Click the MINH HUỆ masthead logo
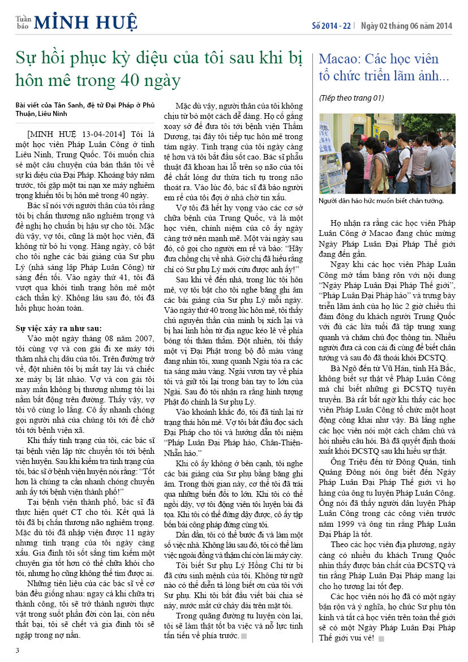coord(85,22)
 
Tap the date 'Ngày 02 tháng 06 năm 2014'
coord(407,26)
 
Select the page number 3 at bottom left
coord(17,650)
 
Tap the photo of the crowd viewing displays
coord(387,153)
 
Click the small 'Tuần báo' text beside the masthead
coord(23,22)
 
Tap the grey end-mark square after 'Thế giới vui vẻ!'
coord(381,638)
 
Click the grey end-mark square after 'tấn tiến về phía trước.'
coord(243,637)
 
